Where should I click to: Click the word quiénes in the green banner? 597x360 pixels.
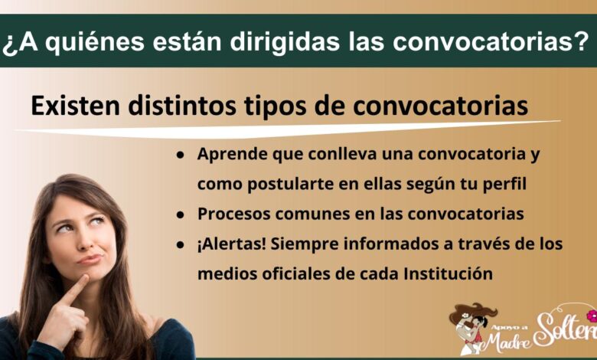[96, 42]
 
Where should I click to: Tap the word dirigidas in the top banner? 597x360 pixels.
[285, 41]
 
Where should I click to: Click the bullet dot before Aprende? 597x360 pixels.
[181, 155]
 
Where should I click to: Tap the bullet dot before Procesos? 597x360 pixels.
[181, 215]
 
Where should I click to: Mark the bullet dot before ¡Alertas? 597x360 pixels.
[181, 245]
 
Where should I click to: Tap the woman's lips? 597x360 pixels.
[90, 260]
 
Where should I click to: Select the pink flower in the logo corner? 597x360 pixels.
[592, 316]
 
